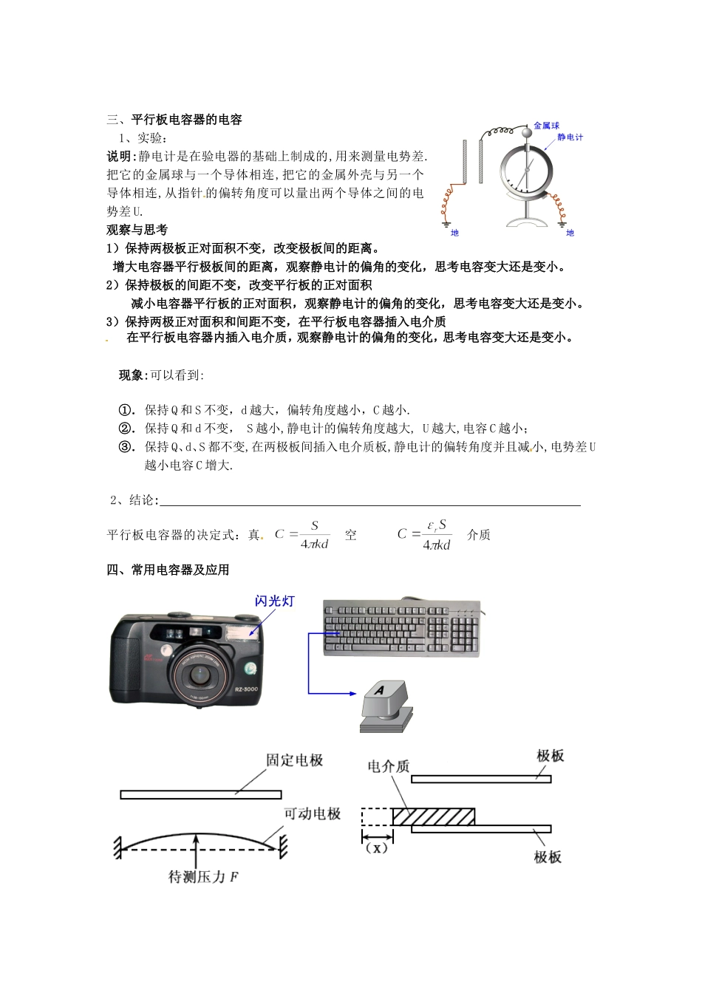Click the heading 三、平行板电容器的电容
tap(174, 120)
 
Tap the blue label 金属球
tap(547, 126)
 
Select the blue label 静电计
tap(570, 137)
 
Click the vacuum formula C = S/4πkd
tap(302, 535)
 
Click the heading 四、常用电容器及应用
tap(168, 570)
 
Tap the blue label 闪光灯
tap(274, 601)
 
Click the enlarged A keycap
tap(382, 697)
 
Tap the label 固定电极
tap(294, 760)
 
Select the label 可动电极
tap(313, 813)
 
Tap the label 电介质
tap(388, 766)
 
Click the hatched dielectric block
tap(433, 816)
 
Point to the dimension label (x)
tap(377, 848)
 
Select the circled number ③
tap(126, 446)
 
